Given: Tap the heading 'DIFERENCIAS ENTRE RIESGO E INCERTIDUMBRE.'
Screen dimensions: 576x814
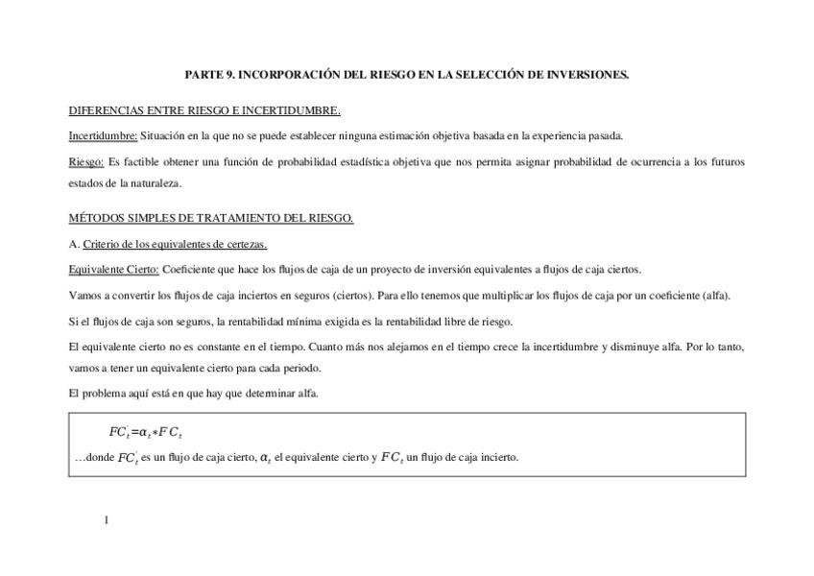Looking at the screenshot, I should click(204, 110).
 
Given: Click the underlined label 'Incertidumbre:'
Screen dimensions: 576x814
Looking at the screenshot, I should click(103, 135).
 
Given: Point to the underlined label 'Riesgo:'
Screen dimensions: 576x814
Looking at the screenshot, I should click(86, 162).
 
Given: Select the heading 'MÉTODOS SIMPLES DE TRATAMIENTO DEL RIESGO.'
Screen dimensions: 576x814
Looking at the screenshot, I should click(211, 218).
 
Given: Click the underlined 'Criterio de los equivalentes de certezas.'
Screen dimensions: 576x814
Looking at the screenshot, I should click(175, 244).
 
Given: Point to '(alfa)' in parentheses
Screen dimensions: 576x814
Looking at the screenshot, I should click(714, 296).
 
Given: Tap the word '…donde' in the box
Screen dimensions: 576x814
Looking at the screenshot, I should click(94, 458).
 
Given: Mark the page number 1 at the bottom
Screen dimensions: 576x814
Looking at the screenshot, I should click(107, 520).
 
